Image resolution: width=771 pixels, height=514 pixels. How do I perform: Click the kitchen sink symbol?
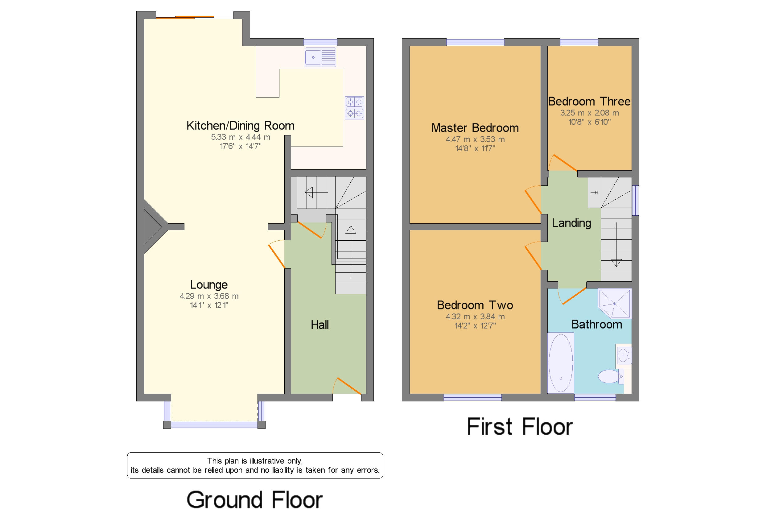(320, 57)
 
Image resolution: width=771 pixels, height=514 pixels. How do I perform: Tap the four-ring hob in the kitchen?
(354, 107)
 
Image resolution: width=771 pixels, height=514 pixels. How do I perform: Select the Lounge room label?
(209, 284)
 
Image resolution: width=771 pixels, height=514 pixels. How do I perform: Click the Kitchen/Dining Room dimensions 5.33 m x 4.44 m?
(241, 137)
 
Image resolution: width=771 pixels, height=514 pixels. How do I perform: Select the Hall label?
(320, 325)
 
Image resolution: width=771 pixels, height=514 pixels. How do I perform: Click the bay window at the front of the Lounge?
(214, 425)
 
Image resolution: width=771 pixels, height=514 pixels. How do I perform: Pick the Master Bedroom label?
(475, 128)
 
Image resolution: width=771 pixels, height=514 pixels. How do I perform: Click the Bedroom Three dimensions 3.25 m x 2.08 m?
(589, 113)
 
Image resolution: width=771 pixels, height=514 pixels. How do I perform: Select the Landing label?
(571, 223)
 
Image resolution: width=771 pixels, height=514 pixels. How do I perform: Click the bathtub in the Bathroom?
(560, 363)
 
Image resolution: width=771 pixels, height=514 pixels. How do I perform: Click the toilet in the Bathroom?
(610, 376)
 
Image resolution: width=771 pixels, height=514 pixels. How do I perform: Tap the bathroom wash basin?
(623, 355)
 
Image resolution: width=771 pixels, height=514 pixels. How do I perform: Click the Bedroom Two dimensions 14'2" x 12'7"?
(475, 326)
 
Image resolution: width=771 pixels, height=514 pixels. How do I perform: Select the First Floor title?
(519, 426)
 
